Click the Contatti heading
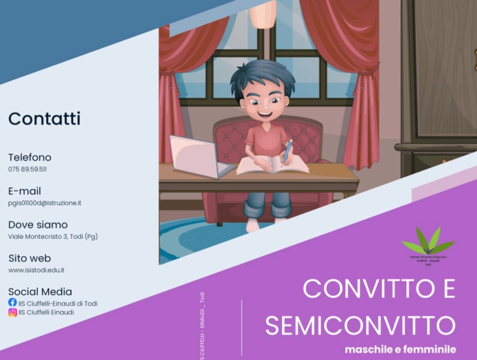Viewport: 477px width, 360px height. point(44,118)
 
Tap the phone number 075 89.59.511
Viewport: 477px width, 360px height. point(27,169)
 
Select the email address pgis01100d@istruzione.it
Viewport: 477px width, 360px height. point(45,203)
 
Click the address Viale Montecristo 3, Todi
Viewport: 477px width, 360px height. point(53,236)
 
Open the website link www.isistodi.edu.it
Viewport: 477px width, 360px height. point(36,270)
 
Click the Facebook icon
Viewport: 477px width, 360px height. point(12,302)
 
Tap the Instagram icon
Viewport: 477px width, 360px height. point(12,313)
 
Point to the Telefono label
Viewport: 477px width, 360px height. point(30,157)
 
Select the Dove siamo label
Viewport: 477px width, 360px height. point(38,224)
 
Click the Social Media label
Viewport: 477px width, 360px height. point(40,292)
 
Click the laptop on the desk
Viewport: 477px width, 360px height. point(198,158)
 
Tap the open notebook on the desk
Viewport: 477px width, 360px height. point(272,165)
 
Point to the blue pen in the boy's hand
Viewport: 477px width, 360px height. point(287,151)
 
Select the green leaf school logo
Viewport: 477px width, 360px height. point(428,242)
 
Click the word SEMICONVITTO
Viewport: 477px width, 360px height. point(360,325)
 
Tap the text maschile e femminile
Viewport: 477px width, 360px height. point(400,349)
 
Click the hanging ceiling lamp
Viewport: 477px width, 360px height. point(263,14)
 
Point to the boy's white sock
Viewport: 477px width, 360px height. point(253,225)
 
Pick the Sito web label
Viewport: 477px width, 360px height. point(30,258)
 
